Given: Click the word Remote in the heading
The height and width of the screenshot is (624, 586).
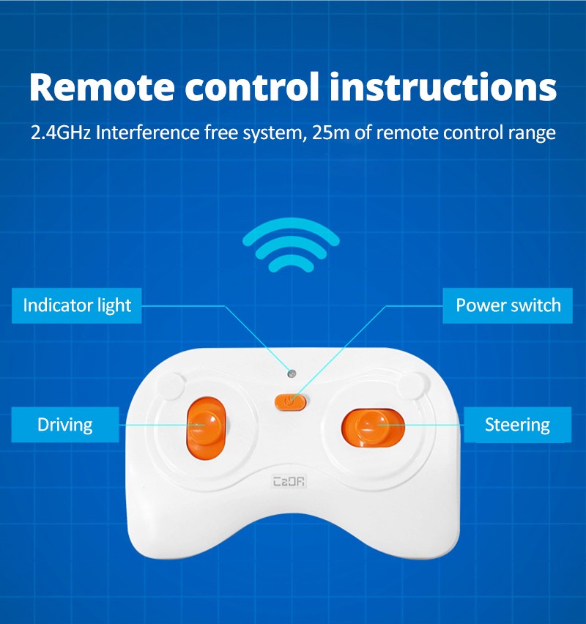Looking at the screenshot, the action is click(x=102, y=86).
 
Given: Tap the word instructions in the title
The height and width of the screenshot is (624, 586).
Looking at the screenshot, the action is click(x=443, y=86).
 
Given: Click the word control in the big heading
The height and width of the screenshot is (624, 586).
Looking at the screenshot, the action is click(x=252, y=86).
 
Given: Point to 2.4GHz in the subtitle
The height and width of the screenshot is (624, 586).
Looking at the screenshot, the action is click(x=61, y=133).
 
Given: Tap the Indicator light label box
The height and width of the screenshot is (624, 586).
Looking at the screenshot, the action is click(x=77, y=305).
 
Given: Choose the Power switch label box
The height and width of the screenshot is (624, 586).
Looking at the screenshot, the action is click(x=508, y=305).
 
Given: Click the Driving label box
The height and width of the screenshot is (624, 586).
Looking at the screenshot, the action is click(x=65, y=425).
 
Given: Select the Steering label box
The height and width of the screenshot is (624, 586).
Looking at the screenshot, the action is click(x=518, y=425).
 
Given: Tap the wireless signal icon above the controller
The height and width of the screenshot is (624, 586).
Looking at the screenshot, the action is click(x=291, y=245).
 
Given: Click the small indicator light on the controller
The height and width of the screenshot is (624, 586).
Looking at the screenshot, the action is click(x=292, y=374).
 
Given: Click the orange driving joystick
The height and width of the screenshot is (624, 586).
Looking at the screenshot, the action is click(x=207, y=428).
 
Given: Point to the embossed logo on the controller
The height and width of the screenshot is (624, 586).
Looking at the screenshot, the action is click(x=289, y=481).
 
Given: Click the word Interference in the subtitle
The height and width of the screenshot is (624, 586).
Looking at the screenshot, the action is click(x=148, y=133).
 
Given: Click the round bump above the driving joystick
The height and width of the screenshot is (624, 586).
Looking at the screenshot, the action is click(x=171, y=386).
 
